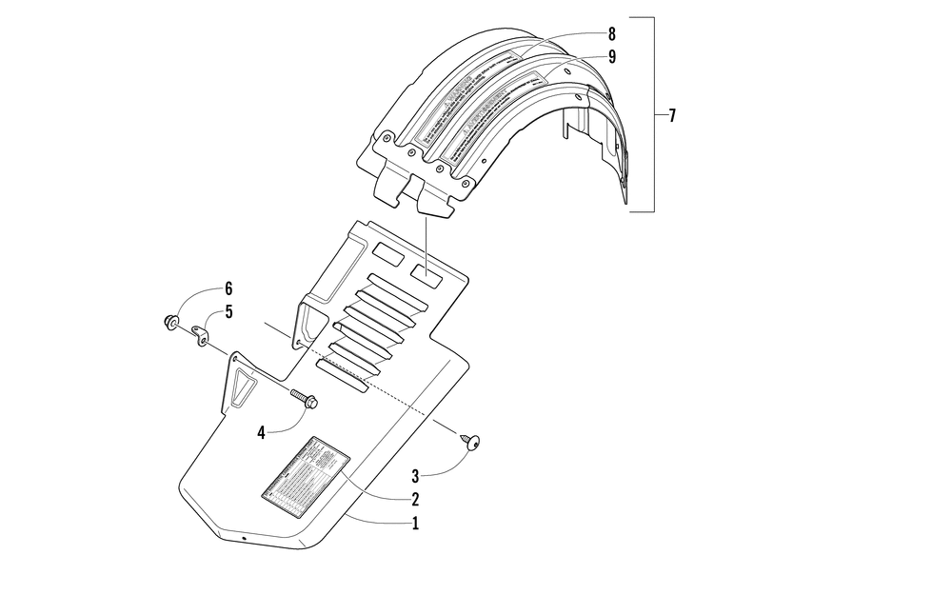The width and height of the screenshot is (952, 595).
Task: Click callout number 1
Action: (x=414, y=523)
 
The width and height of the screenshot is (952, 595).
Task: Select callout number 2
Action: (x=414, y=498)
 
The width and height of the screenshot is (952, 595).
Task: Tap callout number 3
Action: (x=414, y=474)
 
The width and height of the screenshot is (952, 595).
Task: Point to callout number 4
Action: (x=260, y=432)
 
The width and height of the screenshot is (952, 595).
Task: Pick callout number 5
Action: (x=228, y=311)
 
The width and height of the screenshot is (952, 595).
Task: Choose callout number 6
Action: (x=228, y=288)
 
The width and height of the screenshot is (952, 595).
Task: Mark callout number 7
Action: (x=672, y=116)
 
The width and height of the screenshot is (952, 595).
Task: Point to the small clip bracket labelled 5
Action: (x=201, y=336)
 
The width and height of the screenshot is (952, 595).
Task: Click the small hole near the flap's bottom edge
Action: (x=245, y=539)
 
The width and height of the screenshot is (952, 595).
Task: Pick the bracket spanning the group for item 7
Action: (x=654, y=114)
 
